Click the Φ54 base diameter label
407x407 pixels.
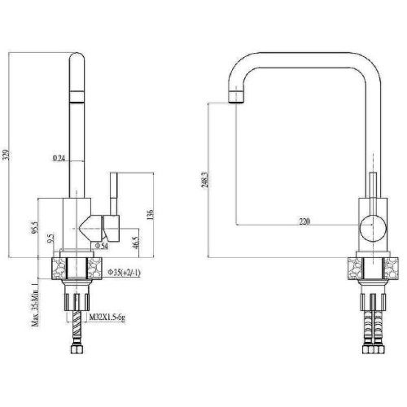tap(102, 245)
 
